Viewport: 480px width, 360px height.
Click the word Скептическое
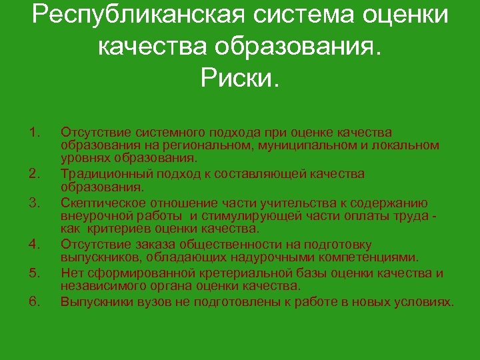tap(100, 203)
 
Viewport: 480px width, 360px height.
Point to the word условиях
tap(422, 302)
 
